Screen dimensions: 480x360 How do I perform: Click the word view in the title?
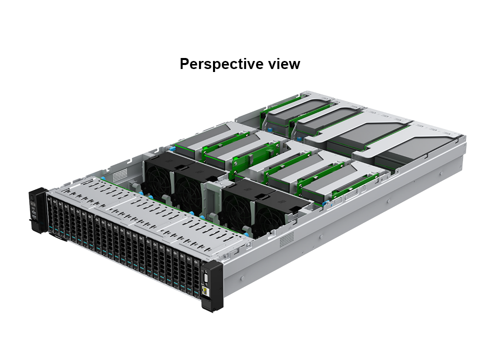coord(284,63)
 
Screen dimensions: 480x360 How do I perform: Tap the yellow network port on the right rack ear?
coord(205,289)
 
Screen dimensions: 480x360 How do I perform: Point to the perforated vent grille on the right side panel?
coord(287,238)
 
